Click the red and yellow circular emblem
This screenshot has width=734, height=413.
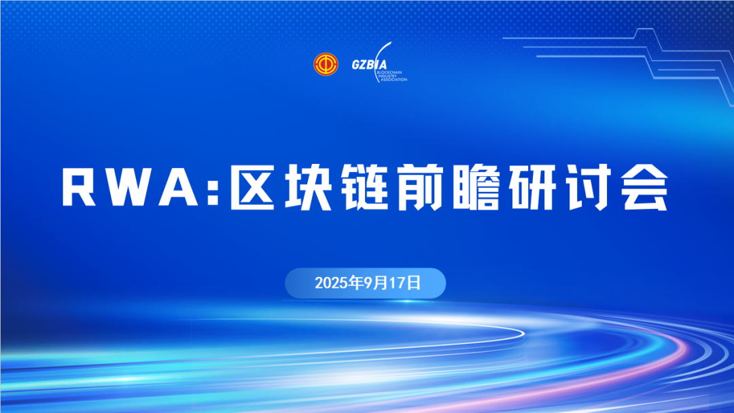point(326,64)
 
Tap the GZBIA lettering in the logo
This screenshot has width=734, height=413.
point(369,65)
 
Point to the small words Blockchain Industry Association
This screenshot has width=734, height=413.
point(392,76)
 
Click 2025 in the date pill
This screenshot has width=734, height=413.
point(332,283)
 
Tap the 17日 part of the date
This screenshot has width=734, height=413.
point(405,283)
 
